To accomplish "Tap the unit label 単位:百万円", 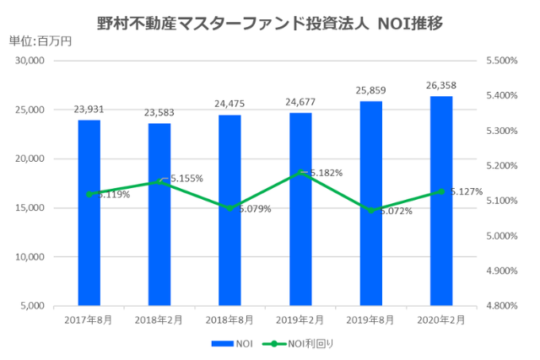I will pos(40,40).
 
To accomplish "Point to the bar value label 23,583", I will pos(159,112).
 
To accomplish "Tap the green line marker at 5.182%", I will pos(300,172).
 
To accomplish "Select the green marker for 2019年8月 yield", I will pos(370,210).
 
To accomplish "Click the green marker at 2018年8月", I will pos(229,207).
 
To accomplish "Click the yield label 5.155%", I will pos(185,179).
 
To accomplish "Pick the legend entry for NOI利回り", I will pos(290,344).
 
